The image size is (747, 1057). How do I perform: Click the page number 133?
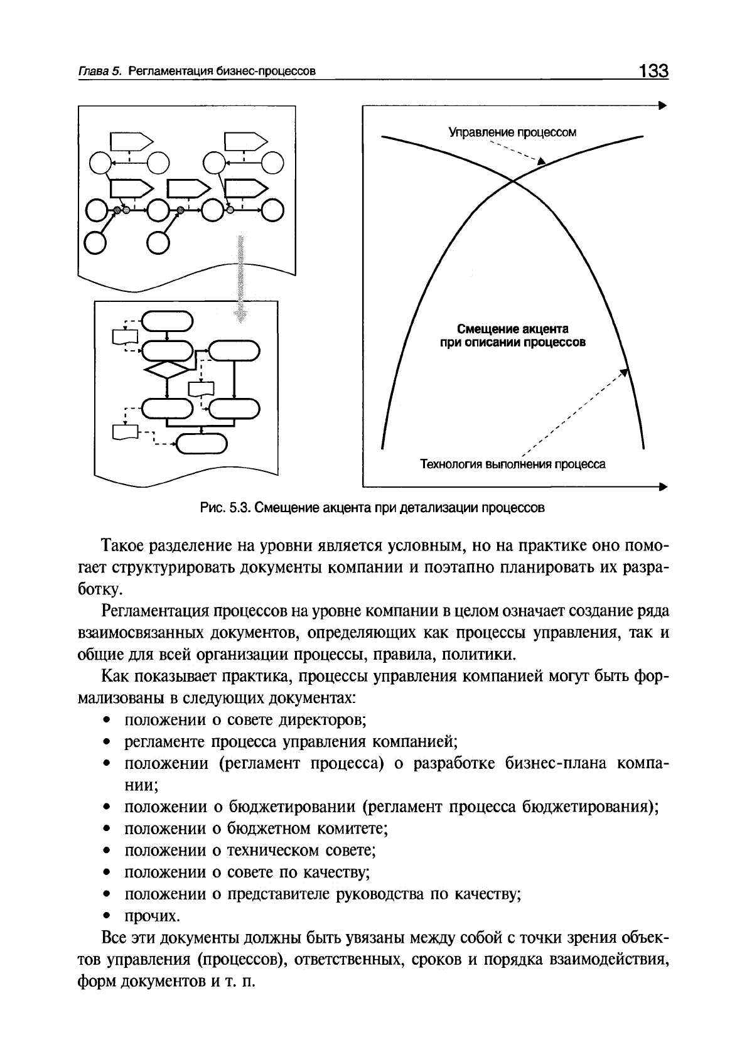click(x=653, y=70)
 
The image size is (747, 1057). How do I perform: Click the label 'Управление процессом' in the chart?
click(x=512, y=132)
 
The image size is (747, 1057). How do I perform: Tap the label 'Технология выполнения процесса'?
click(x=512, y=464)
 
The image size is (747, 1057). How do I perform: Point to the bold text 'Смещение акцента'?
click(x=512, y=329)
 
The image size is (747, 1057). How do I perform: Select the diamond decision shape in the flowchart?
click(x=168, y=370)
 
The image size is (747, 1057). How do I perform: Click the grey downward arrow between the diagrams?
click(x=240, y=276)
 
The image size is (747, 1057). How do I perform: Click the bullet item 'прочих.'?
click(x=153, y=916)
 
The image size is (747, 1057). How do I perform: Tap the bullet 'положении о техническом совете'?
click(x=250, y=851)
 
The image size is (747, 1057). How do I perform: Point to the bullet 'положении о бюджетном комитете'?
click(x=257, y=829)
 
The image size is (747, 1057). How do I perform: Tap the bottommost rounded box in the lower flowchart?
click(x=200, y=444)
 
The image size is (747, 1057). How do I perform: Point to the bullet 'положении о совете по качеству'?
click(x=246, y=872)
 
